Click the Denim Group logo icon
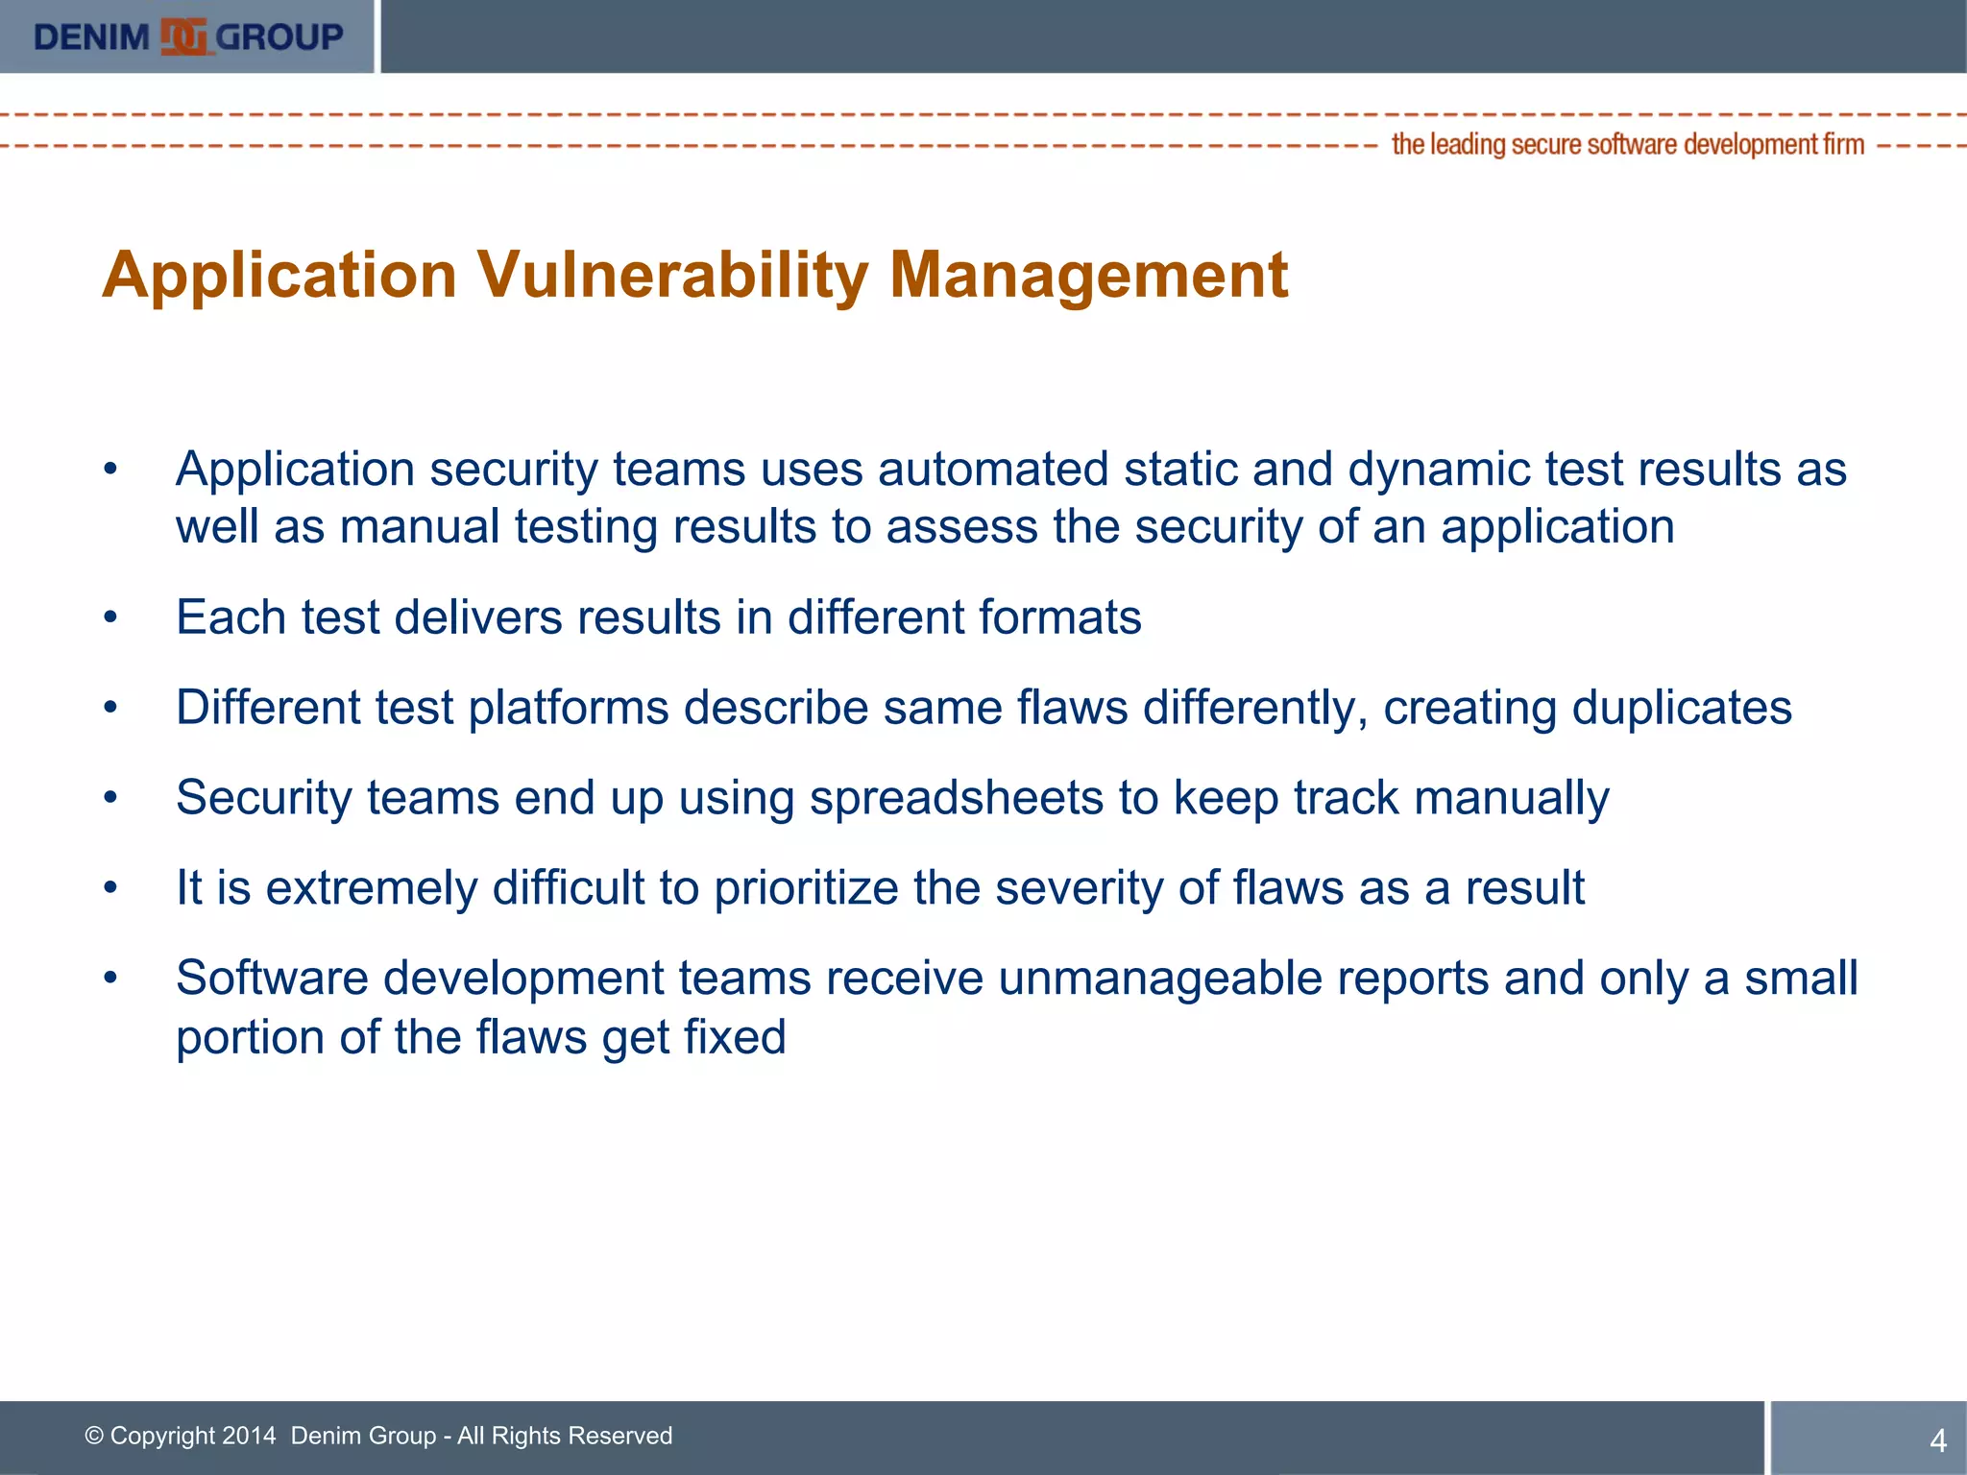coord(184,37)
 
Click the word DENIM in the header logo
coord(91,37)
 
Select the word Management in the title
coord(1088,276)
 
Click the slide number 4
coord(1937,1440)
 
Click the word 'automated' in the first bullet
coord(993,470)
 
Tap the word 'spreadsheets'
coord(957,798)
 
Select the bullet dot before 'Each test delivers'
coord(111,617)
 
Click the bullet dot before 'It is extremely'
coord(111,888)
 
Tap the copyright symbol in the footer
coord(94,1436)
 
